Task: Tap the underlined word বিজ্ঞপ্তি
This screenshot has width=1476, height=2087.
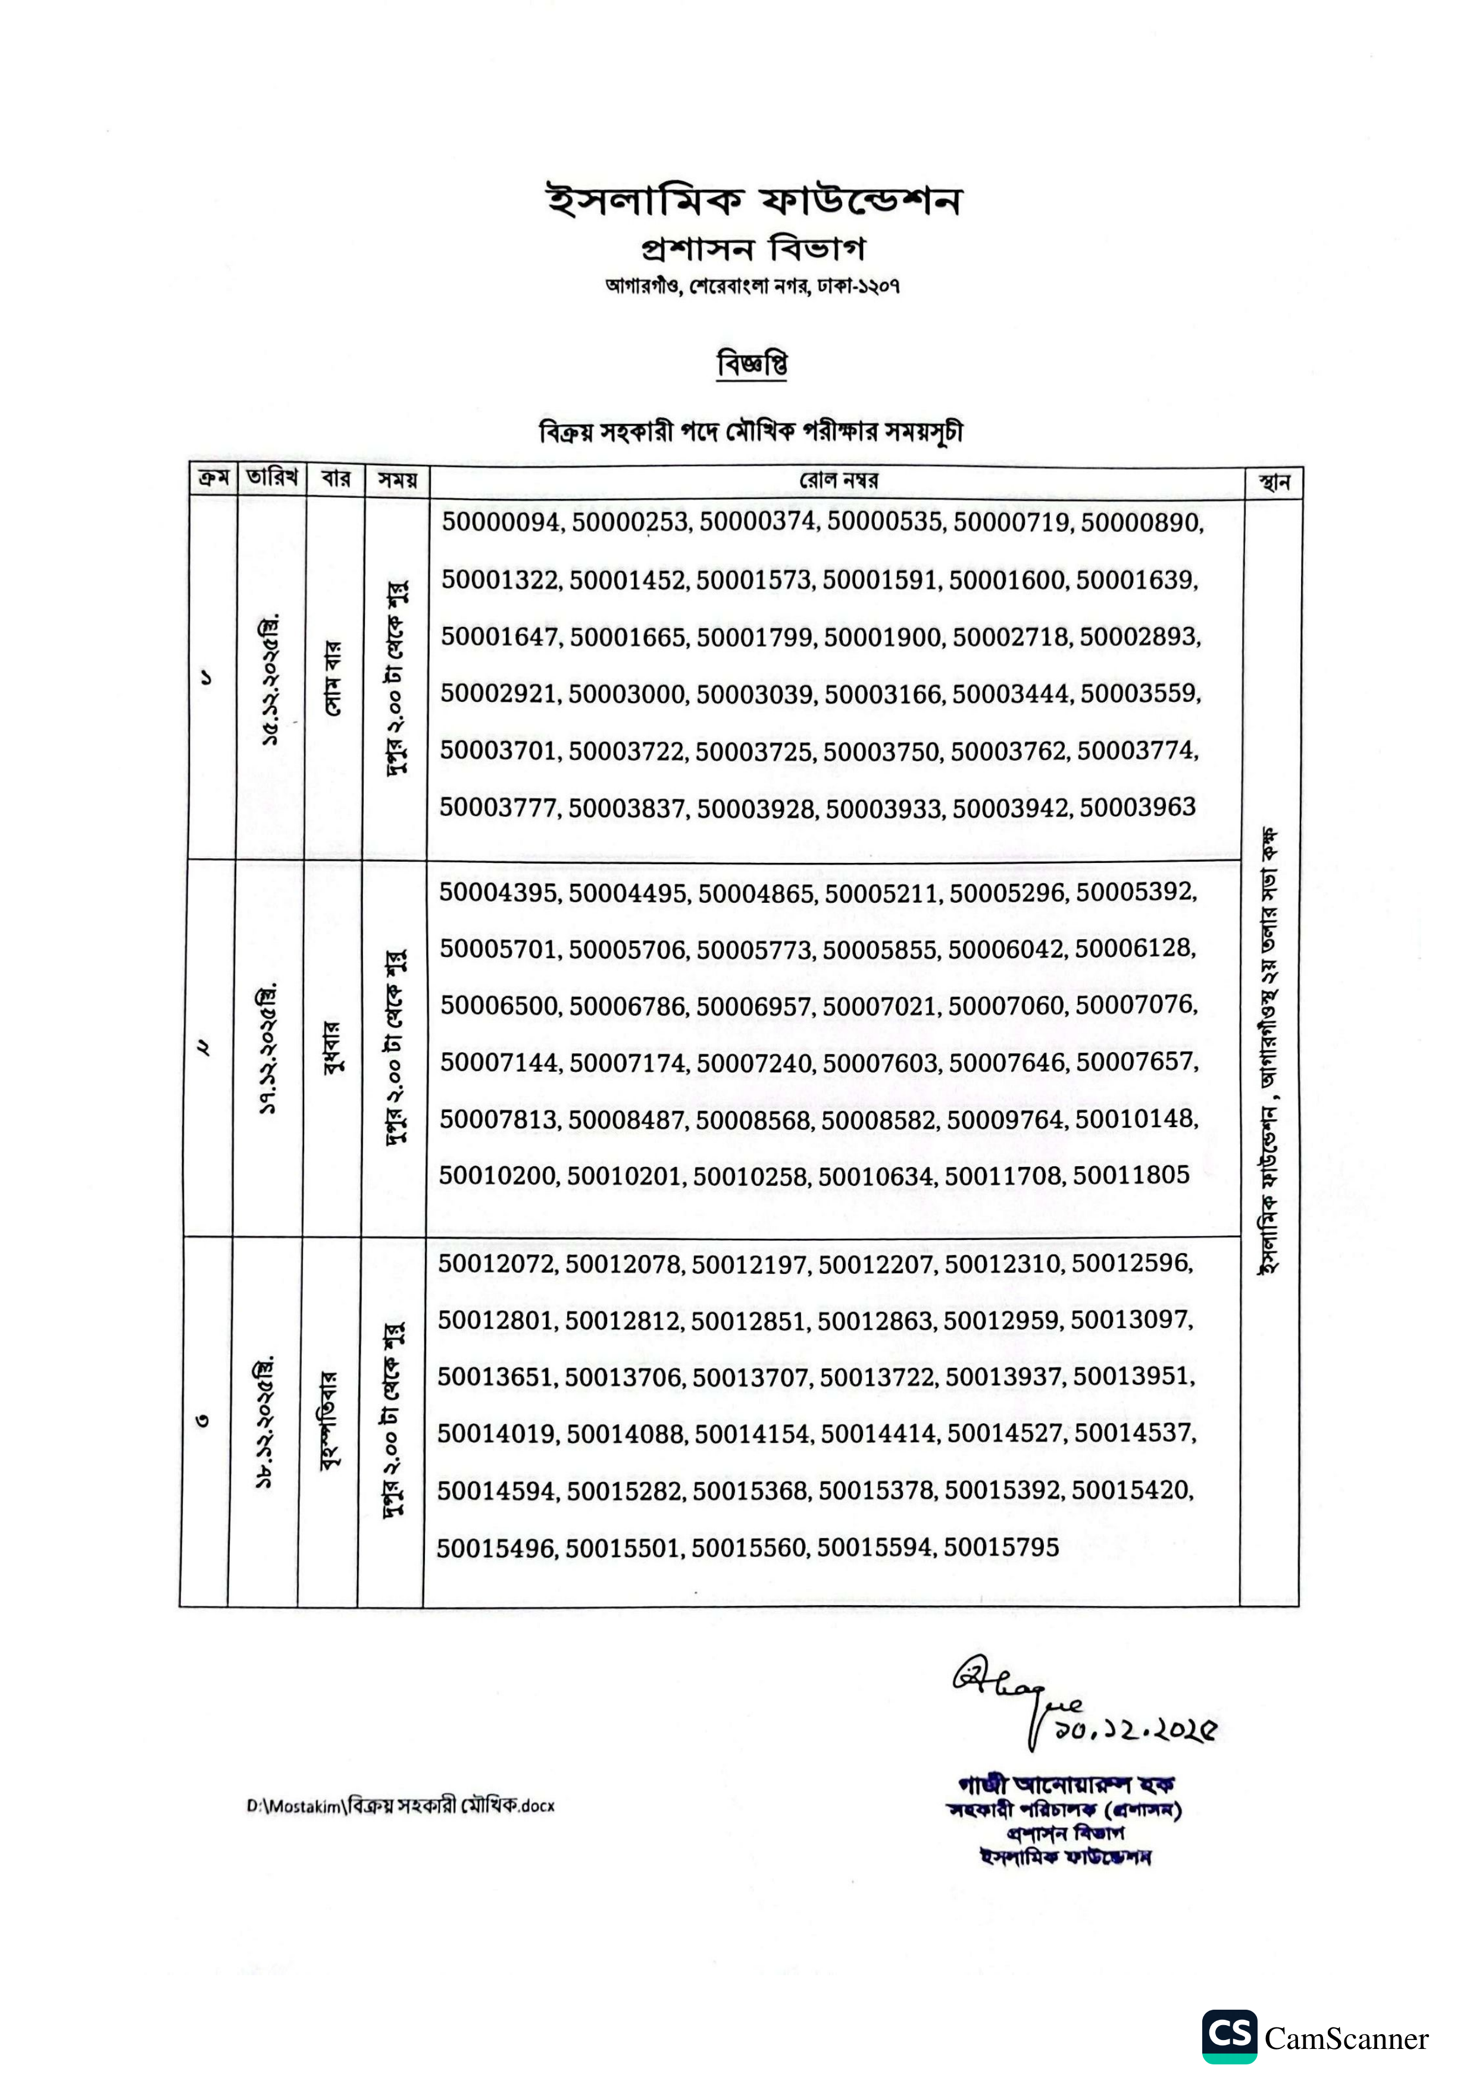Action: (752, 365)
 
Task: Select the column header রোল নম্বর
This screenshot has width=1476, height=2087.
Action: (839, 481)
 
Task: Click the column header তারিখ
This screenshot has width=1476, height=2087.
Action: (271, 479)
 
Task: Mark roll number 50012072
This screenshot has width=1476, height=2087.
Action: (496, 1263)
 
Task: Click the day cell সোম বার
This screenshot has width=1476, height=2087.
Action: (333, 677)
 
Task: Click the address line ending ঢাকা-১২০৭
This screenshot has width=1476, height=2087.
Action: (752, 286)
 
